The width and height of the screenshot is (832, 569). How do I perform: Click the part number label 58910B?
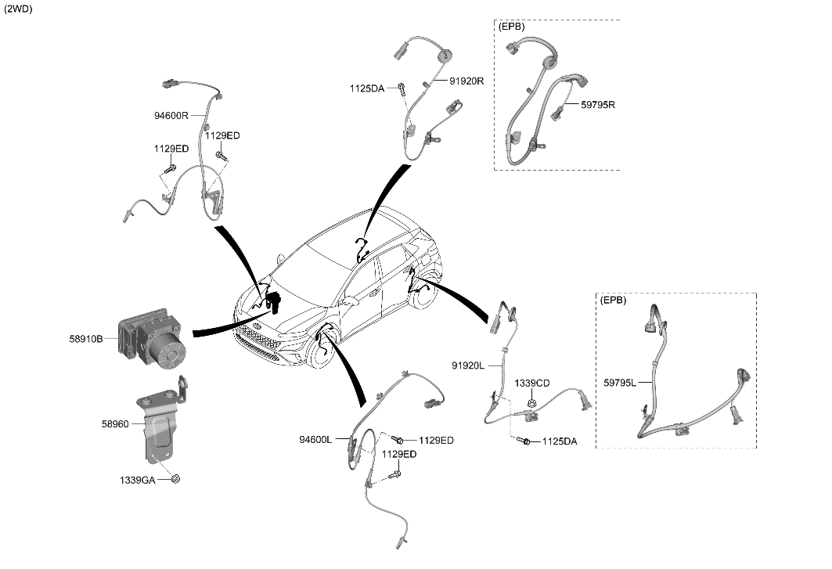(86, 340)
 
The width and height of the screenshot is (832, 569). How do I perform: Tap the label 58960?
(116, 423)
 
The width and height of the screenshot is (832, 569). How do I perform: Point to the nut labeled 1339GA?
(177, 478)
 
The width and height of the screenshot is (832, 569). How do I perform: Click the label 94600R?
(171, 115)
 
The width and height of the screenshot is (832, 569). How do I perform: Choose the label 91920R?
(466, 81)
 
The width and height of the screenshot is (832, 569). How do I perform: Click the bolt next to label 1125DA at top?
(402, 88)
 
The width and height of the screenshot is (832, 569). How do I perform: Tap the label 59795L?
(620, 383)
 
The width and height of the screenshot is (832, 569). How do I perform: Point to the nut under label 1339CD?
(531, 403)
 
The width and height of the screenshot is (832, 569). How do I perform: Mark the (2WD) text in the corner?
(18, 9)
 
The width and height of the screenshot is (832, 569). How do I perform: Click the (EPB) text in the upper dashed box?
(511, 26)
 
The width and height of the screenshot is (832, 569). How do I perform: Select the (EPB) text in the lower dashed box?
(613, 300)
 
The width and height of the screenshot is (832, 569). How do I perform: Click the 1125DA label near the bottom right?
(560, 442)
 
